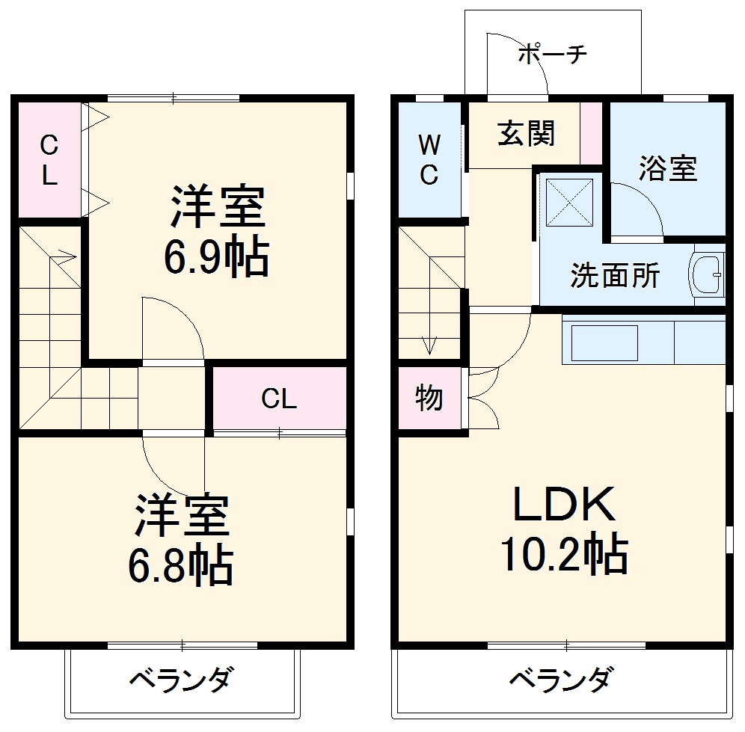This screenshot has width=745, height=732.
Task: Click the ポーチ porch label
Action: click(x=553, y=55)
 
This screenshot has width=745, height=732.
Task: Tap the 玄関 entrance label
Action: click(x=527, y=134)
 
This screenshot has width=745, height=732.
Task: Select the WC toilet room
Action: click(x=429, y=159)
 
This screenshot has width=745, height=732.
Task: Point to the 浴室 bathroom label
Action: click(x=667, y=169)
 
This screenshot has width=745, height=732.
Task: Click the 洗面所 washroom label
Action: click(x=615, y=276)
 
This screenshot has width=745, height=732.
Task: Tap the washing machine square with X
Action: click(x=566, y=200)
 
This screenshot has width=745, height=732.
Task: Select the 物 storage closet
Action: click(x=429, y=399)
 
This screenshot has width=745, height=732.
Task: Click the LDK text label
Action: click(x=563, y=505)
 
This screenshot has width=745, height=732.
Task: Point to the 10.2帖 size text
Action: click(x=562, y=554)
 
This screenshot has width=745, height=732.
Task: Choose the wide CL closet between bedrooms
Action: click(x=279, y=399)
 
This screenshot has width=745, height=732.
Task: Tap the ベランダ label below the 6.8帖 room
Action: click(x=180, y=680)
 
